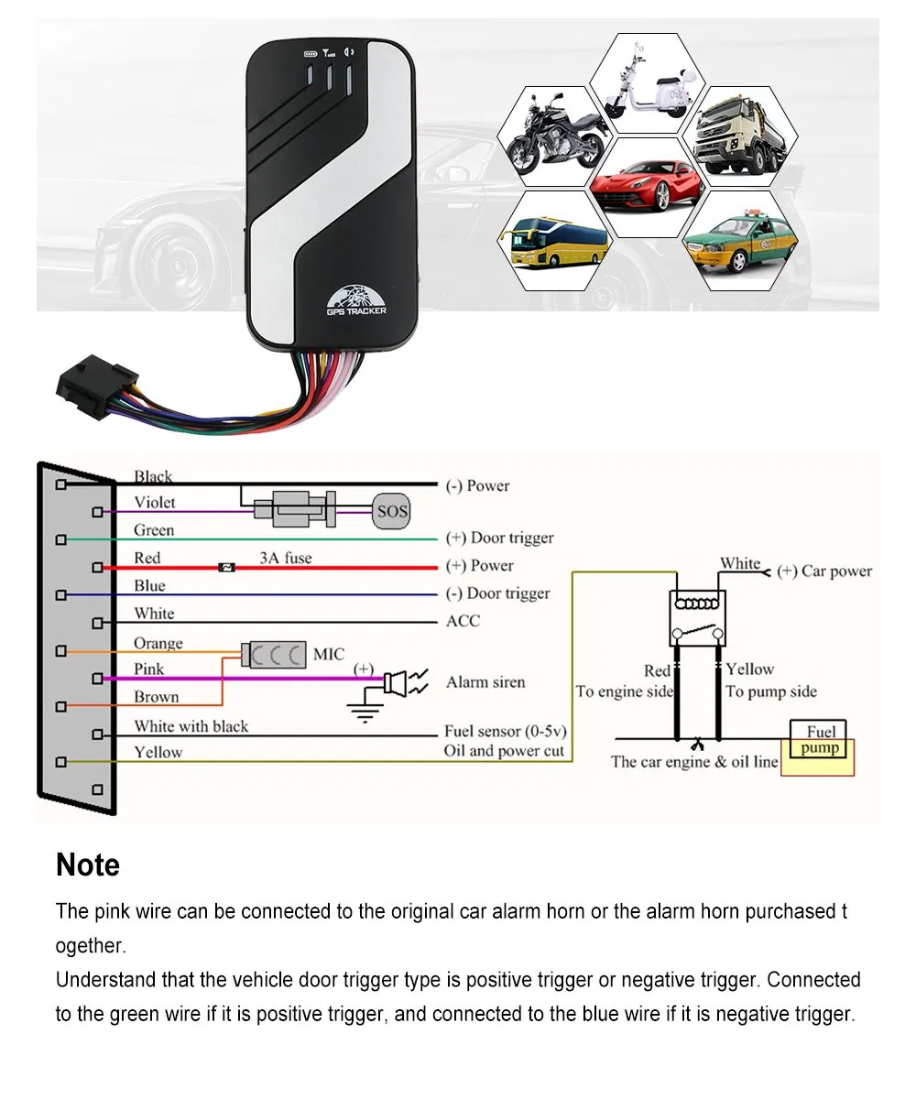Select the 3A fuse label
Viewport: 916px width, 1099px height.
(285, 557)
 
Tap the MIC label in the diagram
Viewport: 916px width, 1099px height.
(329, 654)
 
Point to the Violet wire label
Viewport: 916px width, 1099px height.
(154, 502)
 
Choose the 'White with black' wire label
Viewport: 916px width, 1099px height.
(191, 726)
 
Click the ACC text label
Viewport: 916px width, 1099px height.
(463, 621)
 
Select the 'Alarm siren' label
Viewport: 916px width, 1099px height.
(485, 682)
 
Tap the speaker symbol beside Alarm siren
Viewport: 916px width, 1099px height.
(398, 682)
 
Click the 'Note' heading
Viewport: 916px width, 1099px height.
(88, 865)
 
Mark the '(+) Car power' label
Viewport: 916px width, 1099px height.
(823, 571)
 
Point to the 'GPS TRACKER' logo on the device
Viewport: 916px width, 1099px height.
(356, 303)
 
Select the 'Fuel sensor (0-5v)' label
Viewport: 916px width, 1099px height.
(505, 731)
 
